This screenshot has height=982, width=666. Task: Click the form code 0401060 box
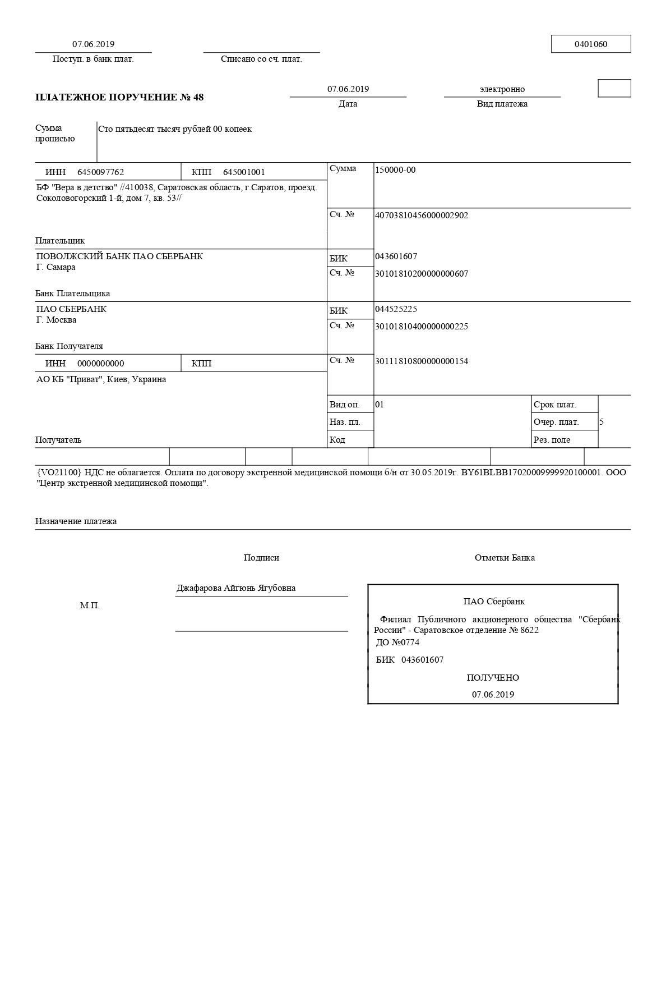click(590, 44)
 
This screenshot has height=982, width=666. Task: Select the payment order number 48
click(198, 98)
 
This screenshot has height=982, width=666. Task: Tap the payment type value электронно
click(502, 89)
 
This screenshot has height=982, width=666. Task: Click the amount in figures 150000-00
click(395, 170)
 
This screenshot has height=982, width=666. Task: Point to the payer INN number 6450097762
click(100, 172)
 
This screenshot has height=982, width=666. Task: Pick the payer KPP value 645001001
click(244, 172)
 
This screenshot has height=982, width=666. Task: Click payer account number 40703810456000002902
click(421, 215)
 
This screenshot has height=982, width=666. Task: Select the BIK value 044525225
click(396, 309)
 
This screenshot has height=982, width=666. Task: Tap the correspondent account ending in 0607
click(421, 274)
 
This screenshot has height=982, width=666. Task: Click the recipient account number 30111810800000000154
click(421, 361)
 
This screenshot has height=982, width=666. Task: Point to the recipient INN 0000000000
click(100, 364)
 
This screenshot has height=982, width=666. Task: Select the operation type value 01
click(380, 405)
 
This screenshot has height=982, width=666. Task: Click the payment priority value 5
click(602, 422)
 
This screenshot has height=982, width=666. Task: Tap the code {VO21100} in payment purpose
click(59, 472)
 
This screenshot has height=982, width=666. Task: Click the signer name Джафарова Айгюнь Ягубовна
click(236, 588)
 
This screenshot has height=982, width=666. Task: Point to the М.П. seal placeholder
click(90, 606)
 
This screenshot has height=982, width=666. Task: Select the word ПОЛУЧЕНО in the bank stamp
click(493, 678)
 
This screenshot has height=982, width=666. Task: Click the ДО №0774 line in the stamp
click(397, 643)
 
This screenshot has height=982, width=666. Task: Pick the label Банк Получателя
click(69, 346)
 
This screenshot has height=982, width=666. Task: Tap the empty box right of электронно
click(614, 88)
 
